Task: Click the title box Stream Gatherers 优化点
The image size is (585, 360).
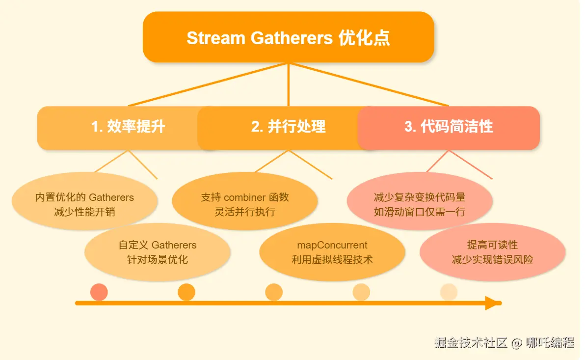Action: click(x=288, y=37)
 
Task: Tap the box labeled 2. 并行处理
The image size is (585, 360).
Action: click(x=288, y=127)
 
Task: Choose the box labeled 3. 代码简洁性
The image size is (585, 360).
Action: click(x=449, y=127)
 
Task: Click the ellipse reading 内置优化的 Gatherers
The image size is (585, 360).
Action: click(x=84, y=204)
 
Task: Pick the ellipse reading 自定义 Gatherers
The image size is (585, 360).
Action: click(x=158, y=252)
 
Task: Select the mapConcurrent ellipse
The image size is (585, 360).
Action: click(x=332, y=252)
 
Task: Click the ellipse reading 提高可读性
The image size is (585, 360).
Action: click(x=492, y=252)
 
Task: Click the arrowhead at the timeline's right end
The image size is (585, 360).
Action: click(x=492, y=303)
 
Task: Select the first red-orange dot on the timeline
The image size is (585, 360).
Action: click(x=99, y=292)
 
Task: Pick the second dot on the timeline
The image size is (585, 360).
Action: click(x=186, y=292)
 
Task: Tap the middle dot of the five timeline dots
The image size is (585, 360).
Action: click(x=274, y=292)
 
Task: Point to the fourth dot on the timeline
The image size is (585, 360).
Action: click(x=361, y=292)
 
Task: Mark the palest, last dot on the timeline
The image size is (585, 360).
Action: click(x=449, y=292)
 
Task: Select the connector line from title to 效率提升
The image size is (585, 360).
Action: click(x=209, y=84)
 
